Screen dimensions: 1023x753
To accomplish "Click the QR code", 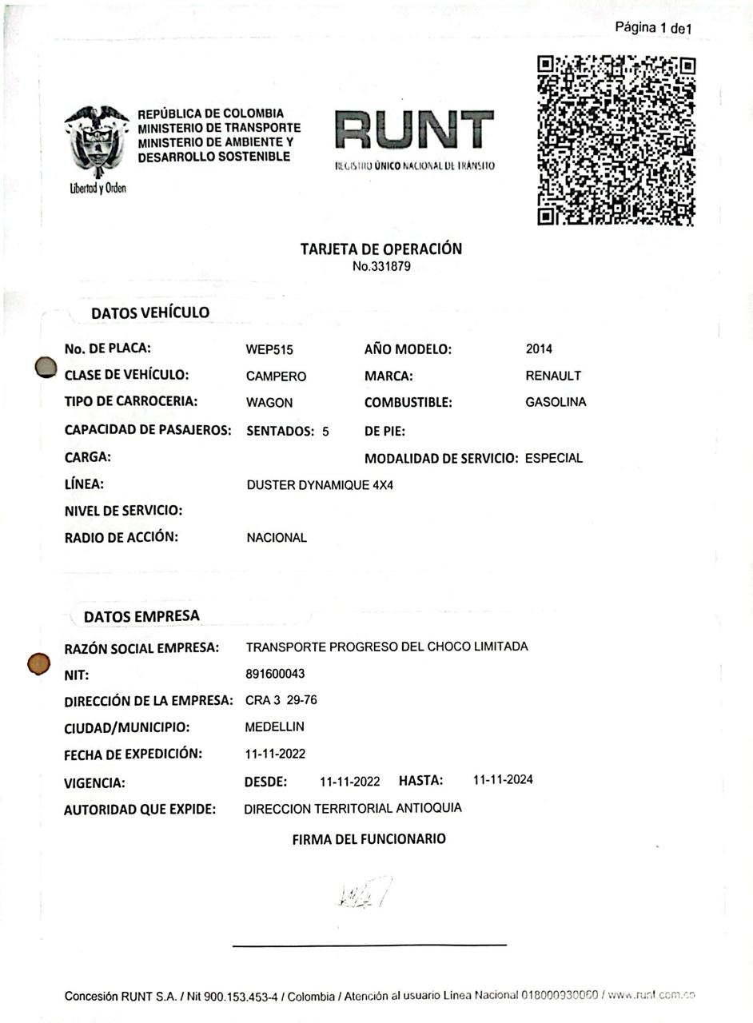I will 616,140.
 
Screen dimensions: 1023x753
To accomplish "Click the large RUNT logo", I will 415,130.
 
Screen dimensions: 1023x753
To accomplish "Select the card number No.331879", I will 381,266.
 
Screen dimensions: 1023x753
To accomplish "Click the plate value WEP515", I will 264,349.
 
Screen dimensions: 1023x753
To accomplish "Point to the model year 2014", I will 539,348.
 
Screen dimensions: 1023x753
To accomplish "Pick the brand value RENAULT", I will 553,376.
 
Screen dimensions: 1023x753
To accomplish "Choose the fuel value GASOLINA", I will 556,402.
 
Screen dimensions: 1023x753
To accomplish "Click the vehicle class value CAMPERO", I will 276,376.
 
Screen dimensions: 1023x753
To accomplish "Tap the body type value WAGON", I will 269,403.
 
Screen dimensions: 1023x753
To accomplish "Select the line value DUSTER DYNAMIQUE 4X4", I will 320,485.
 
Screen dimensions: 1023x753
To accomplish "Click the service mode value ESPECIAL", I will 554,458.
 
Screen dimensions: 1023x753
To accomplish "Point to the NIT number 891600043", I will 275,674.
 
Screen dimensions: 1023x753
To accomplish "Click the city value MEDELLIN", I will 274,726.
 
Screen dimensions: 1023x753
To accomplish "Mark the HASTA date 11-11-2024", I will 503,779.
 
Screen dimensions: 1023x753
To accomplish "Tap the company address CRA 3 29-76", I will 281,700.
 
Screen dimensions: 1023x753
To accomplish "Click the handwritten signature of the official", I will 364,892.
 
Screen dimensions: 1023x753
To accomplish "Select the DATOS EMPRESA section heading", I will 141,616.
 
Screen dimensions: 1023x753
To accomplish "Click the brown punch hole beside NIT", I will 38,663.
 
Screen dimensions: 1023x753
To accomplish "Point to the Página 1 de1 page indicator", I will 653,28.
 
